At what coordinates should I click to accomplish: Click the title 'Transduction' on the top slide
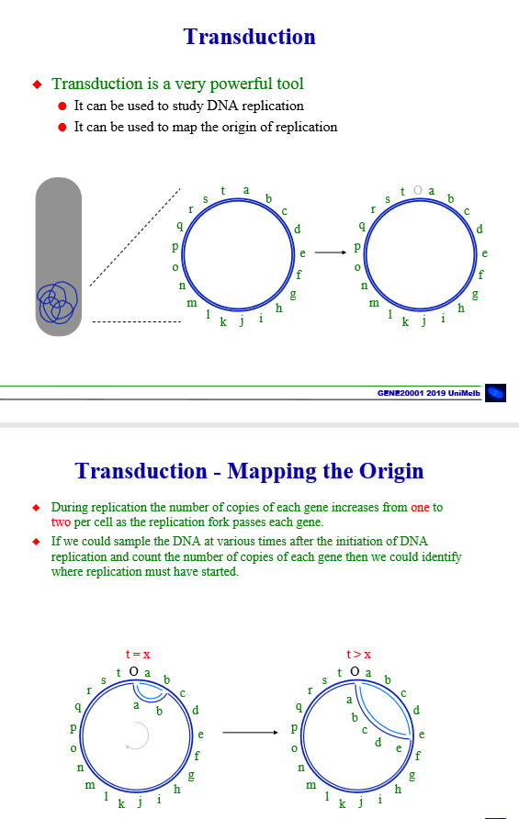point(249,37)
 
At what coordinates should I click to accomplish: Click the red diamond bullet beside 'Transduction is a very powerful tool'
point(38,84)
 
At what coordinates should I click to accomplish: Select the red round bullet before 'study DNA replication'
point(62,107)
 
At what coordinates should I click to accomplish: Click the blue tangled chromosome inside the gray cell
point(57,300)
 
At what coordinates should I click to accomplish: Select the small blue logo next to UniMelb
point(495,392)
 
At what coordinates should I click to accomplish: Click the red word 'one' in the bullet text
point(420,507)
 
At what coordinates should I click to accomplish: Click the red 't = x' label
point(138,655)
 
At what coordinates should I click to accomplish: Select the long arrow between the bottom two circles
point(249,733)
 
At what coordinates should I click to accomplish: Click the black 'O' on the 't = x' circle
point(134,672)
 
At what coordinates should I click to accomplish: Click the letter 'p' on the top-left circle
point(174,248)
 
